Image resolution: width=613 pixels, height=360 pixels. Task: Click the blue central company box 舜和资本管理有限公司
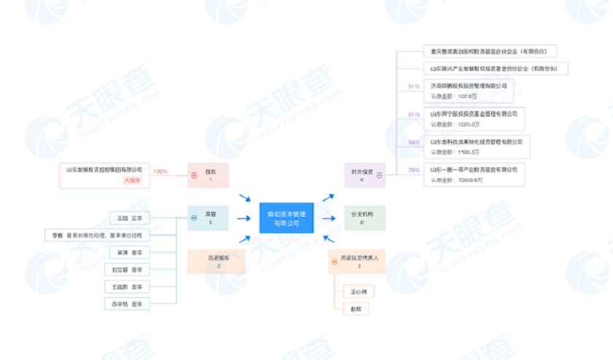click(x=286, y=218)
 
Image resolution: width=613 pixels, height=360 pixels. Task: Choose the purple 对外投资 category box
click(x=363, y=175)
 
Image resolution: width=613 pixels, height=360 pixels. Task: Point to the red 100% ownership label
click(x=160, y=172)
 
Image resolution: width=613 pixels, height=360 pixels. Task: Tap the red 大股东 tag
click(x=132, y=180)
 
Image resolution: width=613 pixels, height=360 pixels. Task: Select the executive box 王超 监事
click(x=129, y=218)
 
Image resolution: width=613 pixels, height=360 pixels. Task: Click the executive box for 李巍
click(x=97, y=235)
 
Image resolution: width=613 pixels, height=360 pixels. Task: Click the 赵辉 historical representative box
click(x=356, y=309)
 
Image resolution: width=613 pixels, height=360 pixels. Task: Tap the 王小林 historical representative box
click(x=358, y=291)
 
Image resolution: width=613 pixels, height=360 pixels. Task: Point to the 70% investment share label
click(x=413, y=170)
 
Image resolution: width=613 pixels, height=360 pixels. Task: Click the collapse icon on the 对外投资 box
click(x=380, y=175)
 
